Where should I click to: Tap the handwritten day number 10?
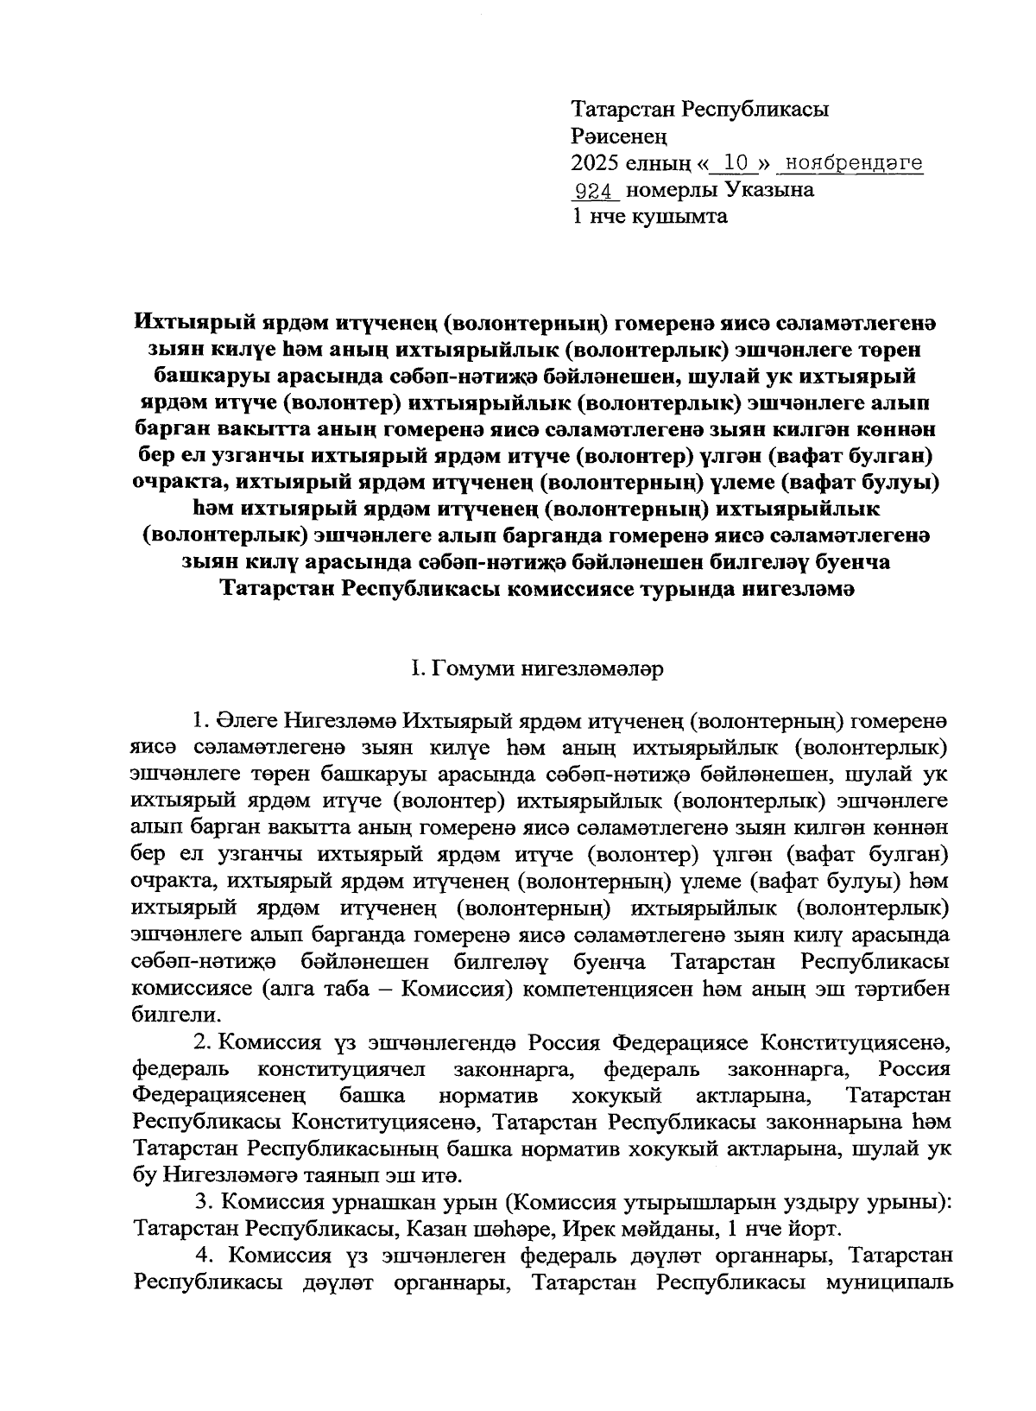coord(734,162)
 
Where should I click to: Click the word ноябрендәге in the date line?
coord(850,162)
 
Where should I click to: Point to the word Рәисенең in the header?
coord(619,136)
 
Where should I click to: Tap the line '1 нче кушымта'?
coord(649,216)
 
